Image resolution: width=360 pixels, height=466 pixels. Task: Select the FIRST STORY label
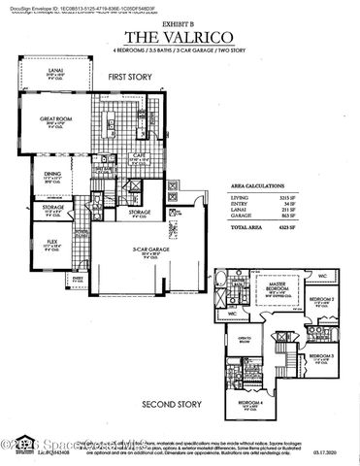pos(130,76)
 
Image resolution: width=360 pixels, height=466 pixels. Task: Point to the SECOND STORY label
pos(171,402)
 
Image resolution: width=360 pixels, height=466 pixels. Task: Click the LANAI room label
pos(56,71)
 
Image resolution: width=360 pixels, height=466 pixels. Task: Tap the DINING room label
pos(52,174)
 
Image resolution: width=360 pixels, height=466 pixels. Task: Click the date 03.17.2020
pos(330,450)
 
